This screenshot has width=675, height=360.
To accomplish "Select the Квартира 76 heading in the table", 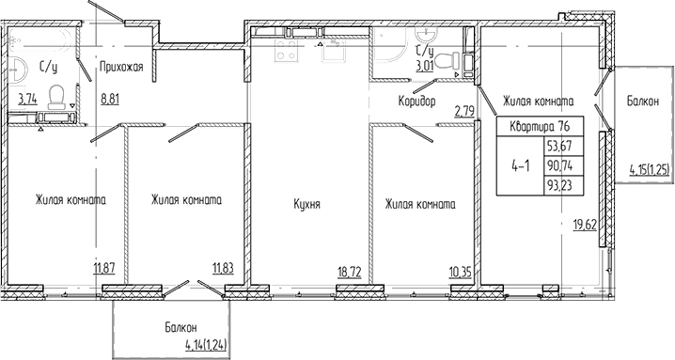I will click(541, 127).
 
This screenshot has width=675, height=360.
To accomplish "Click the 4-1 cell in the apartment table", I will click(519, 165).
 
